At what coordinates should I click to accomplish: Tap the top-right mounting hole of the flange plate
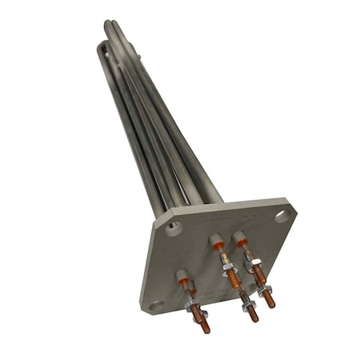(x=280, y=215)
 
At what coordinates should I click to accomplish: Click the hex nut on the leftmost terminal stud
(x=195, y=307)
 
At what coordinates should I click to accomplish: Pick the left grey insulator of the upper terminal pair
(x=215, y=239)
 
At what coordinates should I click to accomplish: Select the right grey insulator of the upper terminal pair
(x=241, y=237)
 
